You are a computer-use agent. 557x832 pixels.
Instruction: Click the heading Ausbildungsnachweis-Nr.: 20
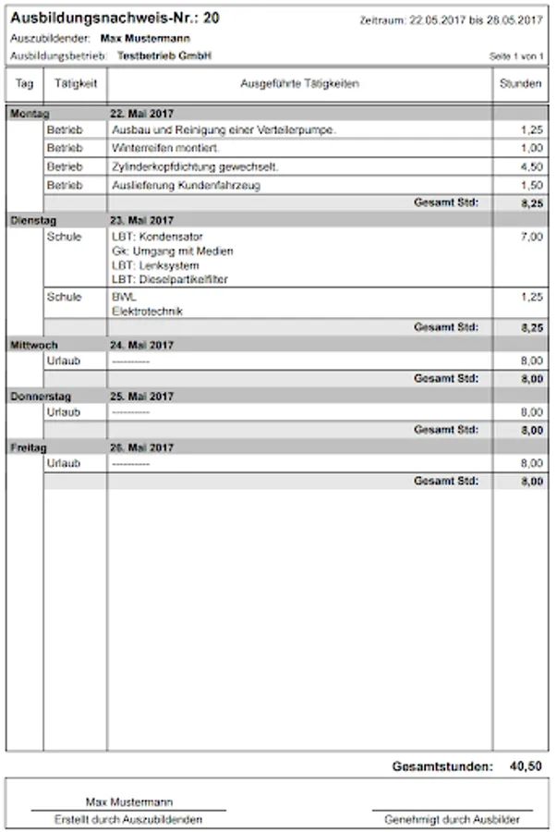pyautogui.click(x=115, y=18)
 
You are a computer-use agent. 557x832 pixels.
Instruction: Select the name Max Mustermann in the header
pyautogui.click(x=151, y=39)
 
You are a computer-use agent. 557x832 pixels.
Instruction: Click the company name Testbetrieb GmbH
pyautogui.click(x=164, y=56)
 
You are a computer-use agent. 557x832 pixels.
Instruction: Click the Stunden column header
pyautogui.click(x=520, y=84)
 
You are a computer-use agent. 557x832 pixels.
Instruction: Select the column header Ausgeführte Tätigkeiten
pyautogui.click(x=299, y=84)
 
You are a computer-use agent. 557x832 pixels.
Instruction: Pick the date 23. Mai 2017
pyautogui.click(x=141, y=220)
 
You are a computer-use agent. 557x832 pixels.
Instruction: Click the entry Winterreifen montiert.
pyautogui.click(x=165, y=148)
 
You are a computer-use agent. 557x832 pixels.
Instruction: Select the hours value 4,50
pyautogui.click(x=530, y=166)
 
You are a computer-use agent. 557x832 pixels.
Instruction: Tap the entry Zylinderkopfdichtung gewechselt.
pyautogui.click(x=195, y=166)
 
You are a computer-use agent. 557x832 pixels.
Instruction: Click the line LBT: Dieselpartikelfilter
pyautogui.click(x=170, y=279)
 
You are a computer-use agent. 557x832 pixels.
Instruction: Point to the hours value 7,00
pyautogui.click(x=530, y=237)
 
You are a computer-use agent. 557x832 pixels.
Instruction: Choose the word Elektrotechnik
pyautogui.click(x=147, y=312)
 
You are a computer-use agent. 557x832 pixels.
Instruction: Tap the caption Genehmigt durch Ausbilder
pyautogui.click(x=453, y=819)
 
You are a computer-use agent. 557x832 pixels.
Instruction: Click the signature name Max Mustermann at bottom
pyautogui.click(x=128, y=801)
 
